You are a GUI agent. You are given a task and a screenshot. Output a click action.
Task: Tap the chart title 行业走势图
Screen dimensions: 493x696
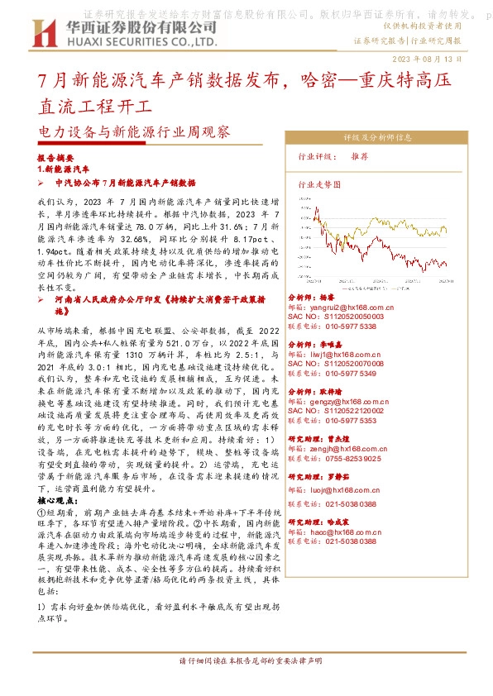(x=318, y=186)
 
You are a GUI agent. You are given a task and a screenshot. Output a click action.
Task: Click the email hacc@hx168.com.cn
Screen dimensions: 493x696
(x=347, y=532)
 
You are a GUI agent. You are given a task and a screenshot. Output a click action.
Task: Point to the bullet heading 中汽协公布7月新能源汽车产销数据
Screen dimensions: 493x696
(x=124, y=182)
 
